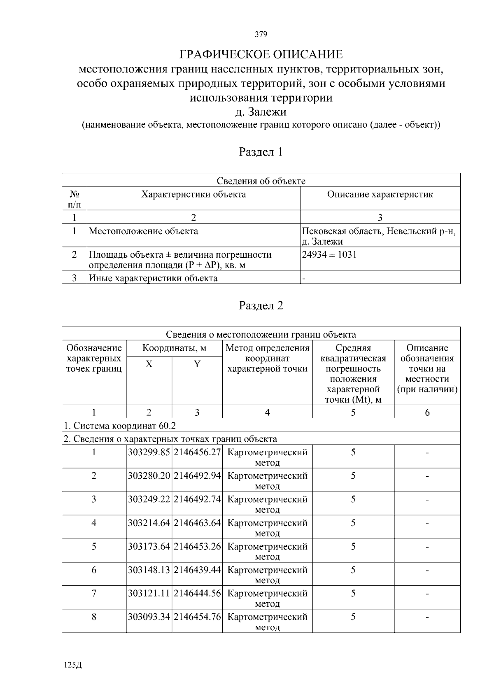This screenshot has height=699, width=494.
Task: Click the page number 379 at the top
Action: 261,34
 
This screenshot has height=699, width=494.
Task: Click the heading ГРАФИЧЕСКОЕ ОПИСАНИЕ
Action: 261,54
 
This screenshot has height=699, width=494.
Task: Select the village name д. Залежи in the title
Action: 261,112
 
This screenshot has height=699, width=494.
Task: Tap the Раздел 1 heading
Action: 261,152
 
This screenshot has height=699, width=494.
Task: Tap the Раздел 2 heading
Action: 261,305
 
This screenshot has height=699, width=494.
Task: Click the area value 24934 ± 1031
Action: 329,254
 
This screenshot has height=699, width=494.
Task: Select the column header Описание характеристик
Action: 380,194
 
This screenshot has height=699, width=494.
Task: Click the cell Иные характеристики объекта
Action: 153,278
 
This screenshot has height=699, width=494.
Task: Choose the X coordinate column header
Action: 149,364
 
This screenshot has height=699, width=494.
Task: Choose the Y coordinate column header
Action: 197,364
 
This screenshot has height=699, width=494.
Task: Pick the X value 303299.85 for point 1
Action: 149,452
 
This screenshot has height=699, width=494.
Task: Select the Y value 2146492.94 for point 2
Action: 197,476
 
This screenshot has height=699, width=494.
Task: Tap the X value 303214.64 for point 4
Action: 149,523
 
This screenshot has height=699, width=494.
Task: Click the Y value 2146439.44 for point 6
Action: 197,570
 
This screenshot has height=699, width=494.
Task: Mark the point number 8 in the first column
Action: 94,617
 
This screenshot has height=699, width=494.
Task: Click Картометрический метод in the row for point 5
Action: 267,552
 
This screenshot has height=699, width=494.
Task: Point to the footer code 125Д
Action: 73,665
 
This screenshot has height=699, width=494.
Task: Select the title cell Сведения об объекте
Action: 261,181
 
